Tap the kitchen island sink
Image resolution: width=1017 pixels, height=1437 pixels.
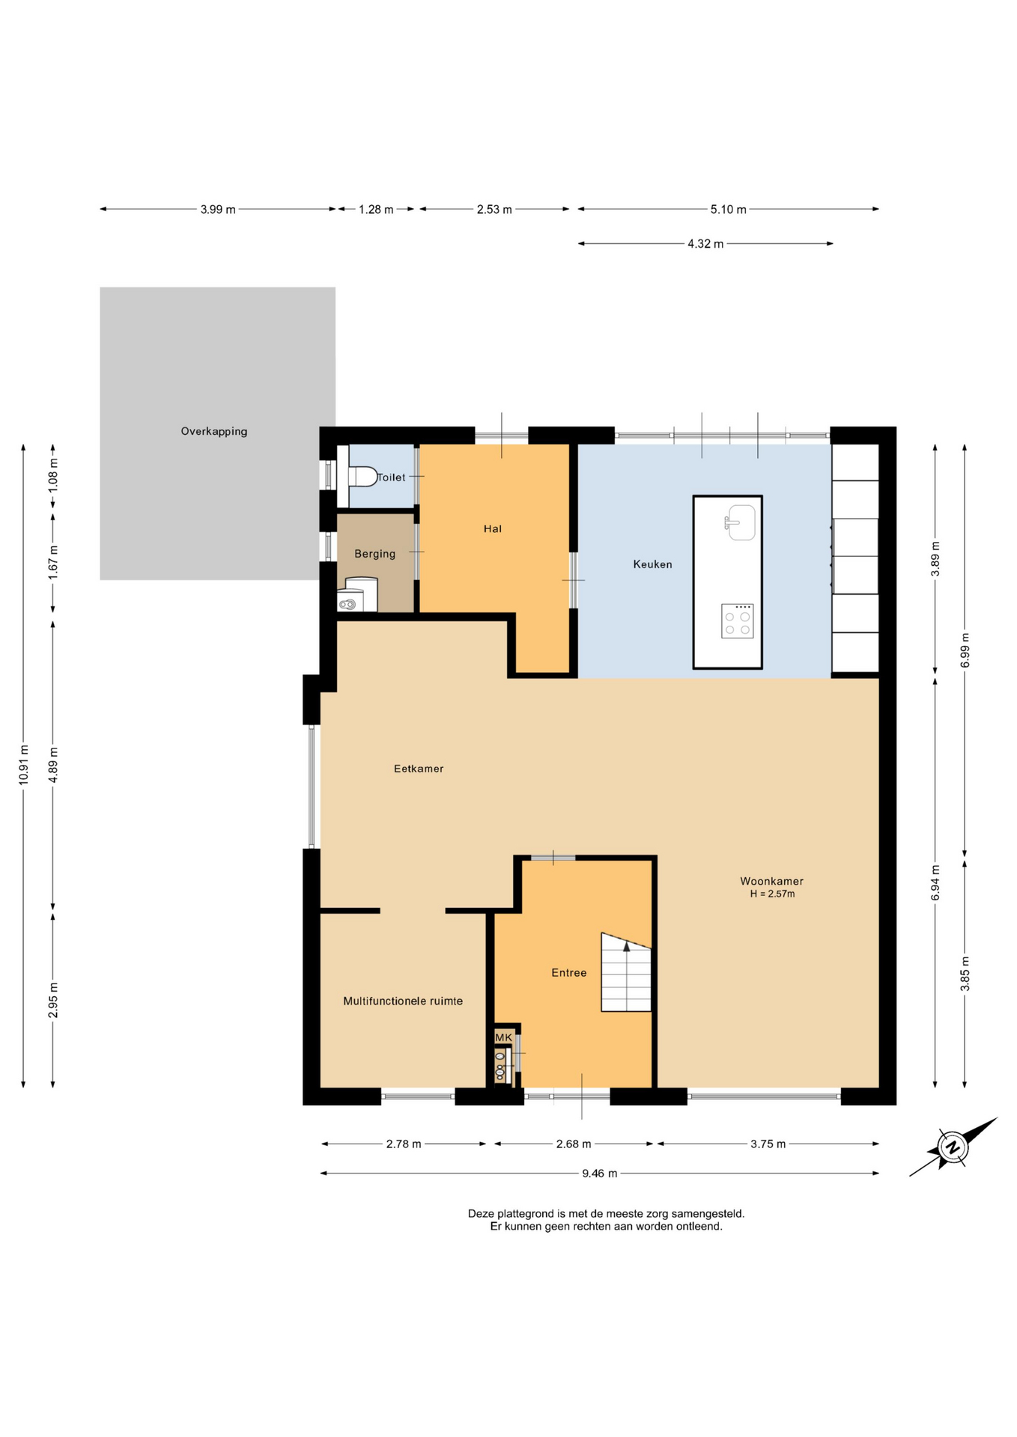point(741,522)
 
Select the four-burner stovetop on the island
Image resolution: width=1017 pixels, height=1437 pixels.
point(737,621)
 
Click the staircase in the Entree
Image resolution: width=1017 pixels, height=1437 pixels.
point(626,971)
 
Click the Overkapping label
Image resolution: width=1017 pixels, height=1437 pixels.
point(214,431)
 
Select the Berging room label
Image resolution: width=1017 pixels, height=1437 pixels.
point(374,554)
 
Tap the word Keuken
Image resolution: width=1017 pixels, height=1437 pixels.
point(652,564)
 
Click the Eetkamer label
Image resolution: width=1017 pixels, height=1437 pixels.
point(419,769)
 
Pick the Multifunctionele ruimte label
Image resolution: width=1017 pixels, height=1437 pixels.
point(403,1001)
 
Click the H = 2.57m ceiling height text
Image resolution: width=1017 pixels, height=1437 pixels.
point(772,894)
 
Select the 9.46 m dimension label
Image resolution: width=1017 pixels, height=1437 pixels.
point(600,1174)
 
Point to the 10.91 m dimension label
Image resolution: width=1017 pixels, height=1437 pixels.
point(23,764)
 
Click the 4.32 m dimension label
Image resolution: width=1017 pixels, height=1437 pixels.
point(705,244)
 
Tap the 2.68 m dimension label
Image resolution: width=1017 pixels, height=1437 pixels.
point(574,1144)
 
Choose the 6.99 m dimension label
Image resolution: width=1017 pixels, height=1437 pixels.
point(965,650)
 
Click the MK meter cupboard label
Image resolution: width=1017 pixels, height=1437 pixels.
point(504,1037)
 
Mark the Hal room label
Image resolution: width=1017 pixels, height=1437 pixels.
point(492,529)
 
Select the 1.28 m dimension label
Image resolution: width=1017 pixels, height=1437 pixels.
point(376,210)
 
